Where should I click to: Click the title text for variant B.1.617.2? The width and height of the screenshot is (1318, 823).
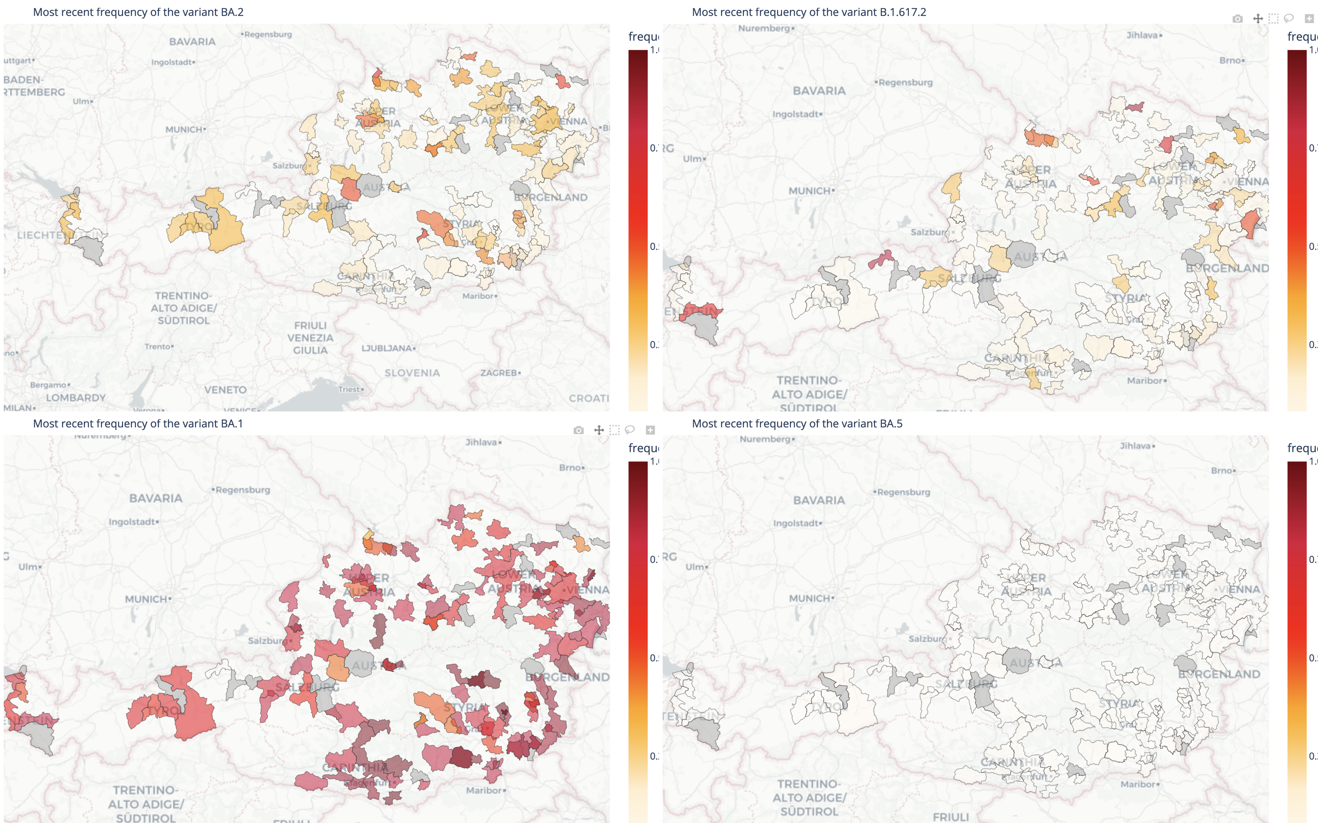[808, 12]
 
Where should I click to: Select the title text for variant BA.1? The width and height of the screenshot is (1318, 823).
[138, 424]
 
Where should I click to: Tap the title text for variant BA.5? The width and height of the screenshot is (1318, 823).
[797, 424]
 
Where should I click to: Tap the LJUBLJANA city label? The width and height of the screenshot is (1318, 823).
[387, 348]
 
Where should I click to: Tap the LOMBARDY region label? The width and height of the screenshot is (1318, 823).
[76, 398]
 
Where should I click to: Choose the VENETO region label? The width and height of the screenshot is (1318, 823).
[226, 390]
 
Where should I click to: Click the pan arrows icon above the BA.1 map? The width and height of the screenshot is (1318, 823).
[598, 430]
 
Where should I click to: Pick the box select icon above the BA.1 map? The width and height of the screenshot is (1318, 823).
[614, 430]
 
